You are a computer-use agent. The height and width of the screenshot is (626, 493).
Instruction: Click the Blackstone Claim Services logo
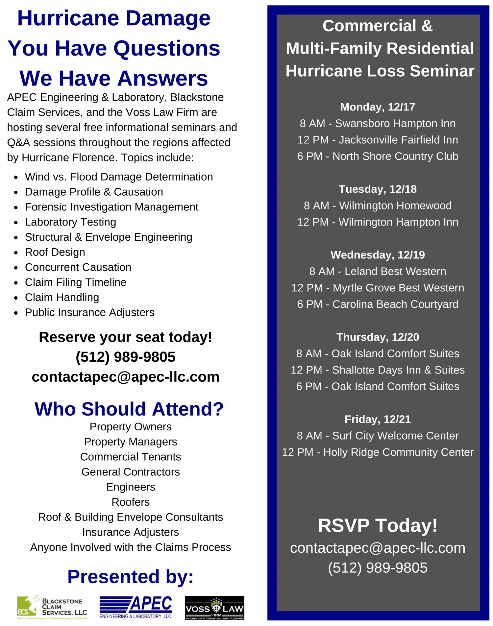point(52,607)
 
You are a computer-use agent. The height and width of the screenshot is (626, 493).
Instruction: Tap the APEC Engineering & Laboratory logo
point(136,607)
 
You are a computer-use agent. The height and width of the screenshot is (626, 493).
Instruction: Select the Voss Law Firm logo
point(214,608)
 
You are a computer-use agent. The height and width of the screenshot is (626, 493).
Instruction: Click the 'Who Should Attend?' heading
point(129,409)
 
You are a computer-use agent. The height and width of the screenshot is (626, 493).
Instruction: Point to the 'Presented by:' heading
point(131,577)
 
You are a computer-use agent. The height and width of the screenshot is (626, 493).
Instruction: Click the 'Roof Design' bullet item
point(55,252)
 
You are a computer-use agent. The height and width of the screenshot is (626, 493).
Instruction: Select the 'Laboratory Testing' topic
point(70,222)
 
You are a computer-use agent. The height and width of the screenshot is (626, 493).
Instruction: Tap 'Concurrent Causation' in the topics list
point(78,267)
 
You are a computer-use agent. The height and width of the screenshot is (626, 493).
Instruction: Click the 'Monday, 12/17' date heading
point(378,107)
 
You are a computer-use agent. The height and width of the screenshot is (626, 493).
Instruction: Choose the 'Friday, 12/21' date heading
point(378,419)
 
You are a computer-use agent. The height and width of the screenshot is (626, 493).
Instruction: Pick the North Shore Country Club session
point(378,156)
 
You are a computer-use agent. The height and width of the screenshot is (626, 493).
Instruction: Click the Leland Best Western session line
point(378,271)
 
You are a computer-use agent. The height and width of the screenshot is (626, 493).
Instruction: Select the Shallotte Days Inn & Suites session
point(378,370)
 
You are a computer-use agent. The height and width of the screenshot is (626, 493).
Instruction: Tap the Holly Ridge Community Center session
point(378,452)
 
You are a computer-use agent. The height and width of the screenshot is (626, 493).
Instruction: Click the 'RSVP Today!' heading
point(378,525)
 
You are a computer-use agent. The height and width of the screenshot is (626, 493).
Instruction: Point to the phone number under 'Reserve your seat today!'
point(125,357)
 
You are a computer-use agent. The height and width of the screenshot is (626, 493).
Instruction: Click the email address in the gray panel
point(378,548)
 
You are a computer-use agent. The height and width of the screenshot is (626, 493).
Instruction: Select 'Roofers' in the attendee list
point(131,502)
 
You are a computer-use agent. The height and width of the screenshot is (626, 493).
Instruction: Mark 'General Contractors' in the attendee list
point(131,472)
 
